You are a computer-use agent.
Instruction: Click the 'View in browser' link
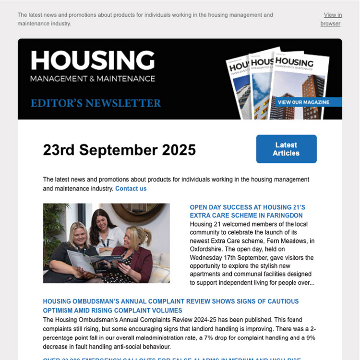331,19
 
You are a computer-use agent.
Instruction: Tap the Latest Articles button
286,149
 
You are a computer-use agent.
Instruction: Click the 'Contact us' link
131,189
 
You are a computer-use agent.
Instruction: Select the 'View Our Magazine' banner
303,102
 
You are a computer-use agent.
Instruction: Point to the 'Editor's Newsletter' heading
96,103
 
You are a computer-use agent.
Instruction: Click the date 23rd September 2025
120,150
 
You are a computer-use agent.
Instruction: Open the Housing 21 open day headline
247,212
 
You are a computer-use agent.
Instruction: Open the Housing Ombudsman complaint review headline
170,306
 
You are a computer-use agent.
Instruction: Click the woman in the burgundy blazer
139,254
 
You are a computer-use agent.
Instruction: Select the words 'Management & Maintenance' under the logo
93,78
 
